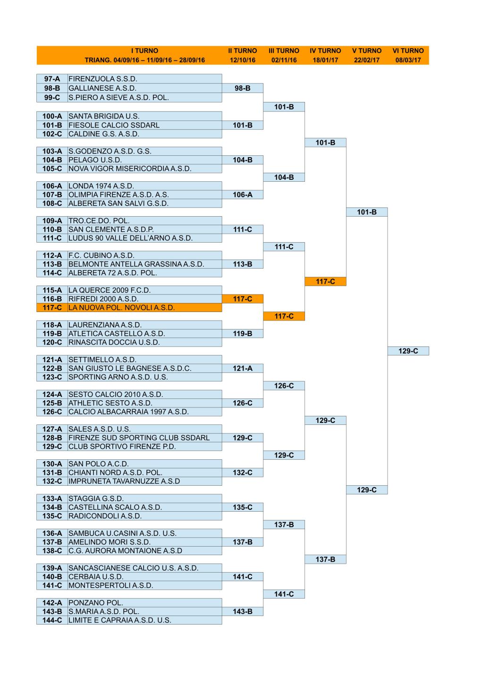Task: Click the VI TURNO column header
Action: (x=408, y=51)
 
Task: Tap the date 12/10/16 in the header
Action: (x=242, y=60)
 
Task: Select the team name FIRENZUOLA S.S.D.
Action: (x=102, y=79)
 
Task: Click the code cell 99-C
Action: (x=52, y=98)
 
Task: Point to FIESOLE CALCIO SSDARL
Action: (x=114, y=125)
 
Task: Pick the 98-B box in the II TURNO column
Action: (x=243, y=88)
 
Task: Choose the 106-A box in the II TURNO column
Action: (x=243, y=194)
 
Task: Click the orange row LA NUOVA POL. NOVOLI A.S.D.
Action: (x=129, y=307)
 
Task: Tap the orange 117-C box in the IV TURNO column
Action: (x=325, y=281)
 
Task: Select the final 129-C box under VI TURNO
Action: (x=408, y=351)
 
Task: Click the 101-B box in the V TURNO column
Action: (x=367, y=212)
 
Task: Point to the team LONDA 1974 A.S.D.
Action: (x=101, y=186)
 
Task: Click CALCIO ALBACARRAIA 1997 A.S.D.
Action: (x=128, y=412)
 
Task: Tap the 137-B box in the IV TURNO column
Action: (x=325, y=559)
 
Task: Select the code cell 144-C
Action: (x=52, y=620)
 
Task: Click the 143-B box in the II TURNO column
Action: (x=243, y=612)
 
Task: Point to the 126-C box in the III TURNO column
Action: (x=284, y=386)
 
